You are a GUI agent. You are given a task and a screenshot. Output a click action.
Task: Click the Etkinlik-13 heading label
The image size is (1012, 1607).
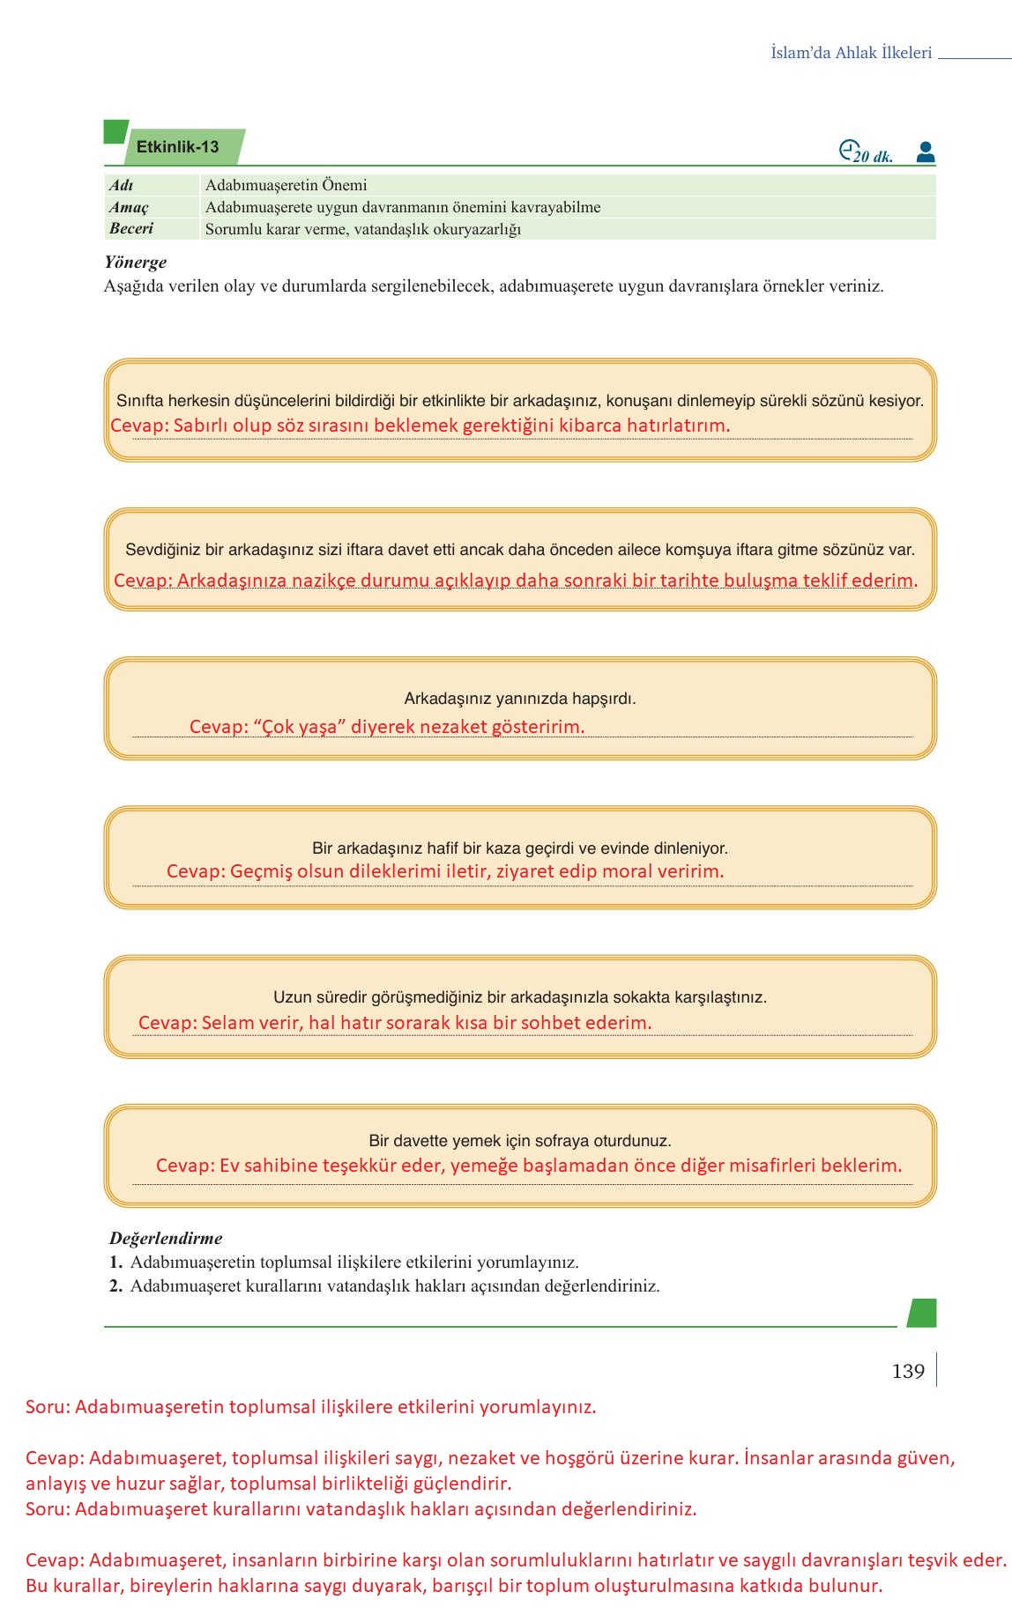(177, 147)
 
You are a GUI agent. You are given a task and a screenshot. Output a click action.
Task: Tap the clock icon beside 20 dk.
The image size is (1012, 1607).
(848, 151)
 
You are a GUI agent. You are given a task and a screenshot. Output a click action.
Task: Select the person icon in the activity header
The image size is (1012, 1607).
(925, 152)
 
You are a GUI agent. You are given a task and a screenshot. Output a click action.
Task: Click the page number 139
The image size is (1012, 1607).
(908, 1371)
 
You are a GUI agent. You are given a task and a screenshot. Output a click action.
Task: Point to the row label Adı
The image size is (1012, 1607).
(121, 185)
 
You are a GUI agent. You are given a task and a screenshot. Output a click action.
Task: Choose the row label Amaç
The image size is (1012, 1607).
(129, 207)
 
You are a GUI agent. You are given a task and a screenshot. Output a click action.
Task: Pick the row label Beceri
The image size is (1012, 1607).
(131, 228)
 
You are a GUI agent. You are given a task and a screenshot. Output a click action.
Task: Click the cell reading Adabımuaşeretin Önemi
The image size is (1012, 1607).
(286, 185)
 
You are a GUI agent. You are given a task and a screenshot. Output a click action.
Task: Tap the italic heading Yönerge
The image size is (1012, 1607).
(135, 262)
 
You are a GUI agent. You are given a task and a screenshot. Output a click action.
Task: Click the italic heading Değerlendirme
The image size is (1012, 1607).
(166, 1238)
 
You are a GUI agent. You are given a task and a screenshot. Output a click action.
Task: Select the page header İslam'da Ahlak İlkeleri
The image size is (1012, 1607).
(851, 53)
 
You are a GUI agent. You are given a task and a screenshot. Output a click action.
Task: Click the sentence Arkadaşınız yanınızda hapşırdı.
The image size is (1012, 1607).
(519, 699)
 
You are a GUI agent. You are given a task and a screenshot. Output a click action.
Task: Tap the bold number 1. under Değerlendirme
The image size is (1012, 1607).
(115, 1262)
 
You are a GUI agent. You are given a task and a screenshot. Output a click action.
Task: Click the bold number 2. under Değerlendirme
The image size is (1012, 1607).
(115, 1285)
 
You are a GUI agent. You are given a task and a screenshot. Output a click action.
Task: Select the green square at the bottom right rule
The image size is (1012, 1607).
(921, 1313)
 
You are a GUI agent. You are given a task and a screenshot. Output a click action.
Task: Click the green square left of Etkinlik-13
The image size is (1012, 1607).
(115, 132)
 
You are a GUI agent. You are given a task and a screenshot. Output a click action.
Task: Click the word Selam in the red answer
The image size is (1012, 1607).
(226, 1023)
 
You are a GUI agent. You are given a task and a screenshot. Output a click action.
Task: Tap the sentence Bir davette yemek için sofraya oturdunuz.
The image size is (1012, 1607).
(519, 1141)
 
